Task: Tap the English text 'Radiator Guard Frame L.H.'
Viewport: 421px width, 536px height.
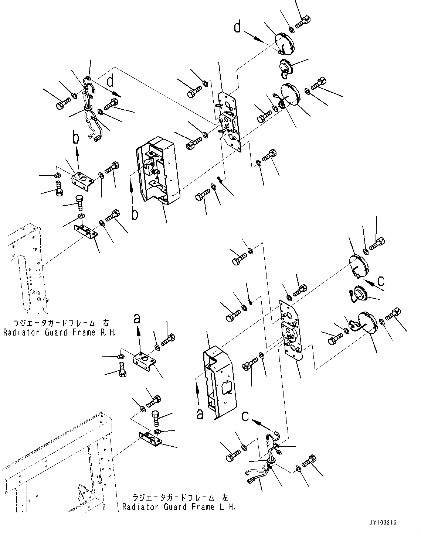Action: (179, 507)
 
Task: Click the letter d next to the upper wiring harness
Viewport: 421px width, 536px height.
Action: (110, 80)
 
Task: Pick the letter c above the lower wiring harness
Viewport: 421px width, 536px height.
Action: (245, 416)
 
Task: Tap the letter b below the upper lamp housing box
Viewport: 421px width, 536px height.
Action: (135, 214)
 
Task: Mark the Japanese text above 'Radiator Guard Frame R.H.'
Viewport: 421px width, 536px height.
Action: (60, 323)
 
